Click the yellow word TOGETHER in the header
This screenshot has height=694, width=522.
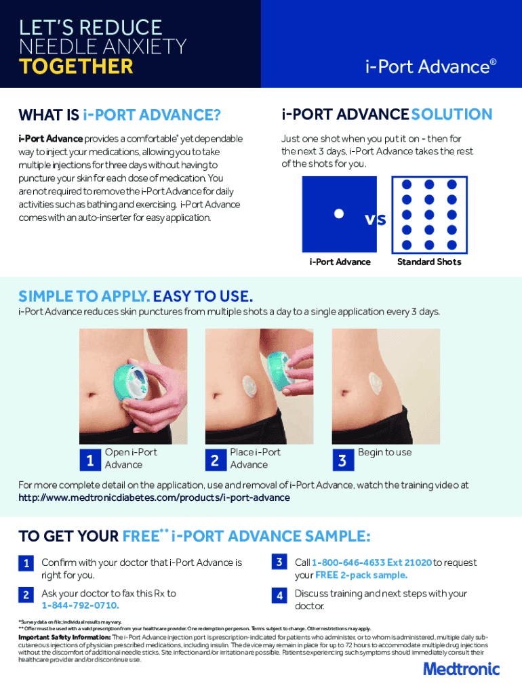point(76,66)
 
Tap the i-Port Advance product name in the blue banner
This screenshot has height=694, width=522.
point(430,67)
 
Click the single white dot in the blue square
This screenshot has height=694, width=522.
point(339,213)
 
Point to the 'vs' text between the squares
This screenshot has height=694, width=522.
point(376,219)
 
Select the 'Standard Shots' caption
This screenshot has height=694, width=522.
point(429,262)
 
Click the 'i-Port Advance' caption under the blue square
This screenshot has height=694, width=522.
point(340,262)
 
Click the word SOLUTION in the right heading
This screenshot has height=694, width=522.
point(451,114)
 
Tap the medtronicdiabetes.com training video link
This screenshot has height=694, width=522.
point(154,497)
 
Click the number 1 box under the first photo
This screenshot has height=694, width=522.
point(90,460)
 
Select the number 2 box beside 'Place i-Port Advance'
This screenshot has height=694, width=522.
point(216,460)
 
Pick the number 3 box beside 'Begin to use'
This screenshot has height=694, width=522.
point(342,460)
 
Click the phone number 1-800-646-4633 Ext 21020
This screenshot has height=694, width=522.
point(372,563)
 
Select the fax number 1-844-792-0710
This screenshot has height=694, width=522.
point(80,605)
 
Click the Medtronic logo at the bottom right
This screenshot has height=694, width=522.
point(462,669)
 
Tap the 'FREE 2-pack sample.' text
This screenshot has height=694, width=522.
point(361,575)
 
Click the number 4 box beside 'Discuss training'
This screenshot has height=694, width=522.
point(279,596)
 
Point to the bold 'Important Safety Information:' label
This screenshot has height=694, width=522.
point(64,637)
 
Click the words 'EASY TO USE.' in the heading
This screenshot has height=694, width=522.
point(203,296)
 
